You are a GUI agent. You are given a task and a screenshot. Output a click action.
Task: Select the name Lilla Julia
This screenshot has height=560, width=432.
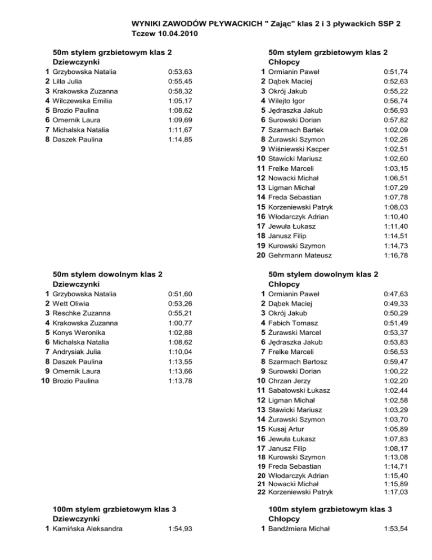(67, 81)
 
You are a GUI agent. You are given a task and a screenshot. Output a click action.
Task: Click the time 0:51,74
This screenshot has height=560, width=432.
(395, 72)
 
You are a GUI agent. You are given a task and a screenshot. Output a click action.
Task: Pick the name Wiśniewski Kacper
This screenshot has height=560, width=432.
(299, 149)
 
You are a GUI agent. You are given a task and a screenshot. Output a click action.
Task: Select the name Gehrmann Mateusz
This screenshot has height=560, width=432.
(300, 255)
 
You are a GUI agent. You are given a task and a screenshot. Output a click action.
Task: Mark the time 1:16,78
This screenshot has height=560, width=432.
(395, 255)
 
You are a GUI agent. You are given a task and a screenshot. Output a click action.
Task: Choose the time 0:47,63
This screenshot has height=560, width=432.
(395, 294)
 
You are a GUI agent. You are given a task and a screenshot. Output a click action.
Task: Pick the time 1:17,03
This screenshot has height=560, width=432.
(395, 492)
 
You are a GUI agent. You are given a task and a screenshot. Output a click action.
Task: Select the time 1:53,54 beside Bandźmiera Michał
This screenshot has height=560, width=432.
(395, 528)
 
